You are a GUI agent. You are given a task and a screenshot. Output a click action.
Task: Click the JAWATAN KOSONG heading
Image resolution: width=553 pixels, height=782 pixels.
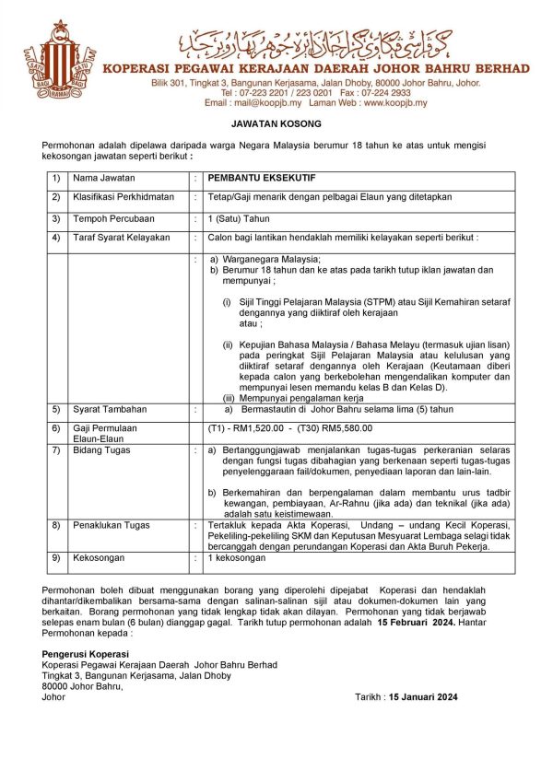[x=276, y=123]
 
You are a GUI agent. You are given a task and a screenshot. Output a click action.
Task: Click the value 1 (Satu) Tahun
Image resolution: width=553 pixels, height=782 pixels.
[x=239, y=218]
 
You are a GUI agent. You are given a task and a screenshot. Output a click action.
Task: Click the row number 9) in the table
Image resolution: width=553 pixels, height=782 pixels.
[x=55, y=558]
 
